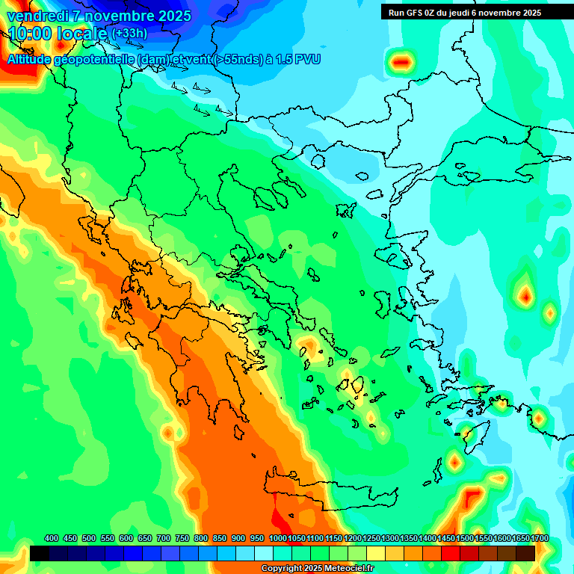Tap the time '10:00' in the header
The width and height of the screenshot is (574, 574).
pos(30,34)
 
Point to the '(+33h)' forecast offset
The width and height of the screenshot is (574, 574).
pos(129,34)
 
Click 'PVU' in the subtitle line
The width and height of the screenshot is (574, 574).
pos(309,59)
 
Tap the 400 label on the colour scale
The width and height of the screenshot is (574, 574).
pos(52,538)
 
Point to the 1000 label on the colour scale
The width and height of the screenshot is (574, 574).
pos(277,538)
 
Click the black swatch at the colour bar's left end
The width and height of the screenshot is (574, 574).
pos(40,554)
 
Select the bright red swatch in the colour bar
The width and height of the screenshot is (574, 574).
pos(451,554)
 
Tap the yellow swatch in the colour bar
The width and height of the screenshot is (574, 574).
pos(376,554)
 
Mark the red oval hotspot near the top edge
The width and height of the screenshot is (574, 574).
pos(402,61)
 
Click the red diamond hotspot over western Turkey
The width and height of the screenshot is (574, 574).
pos(525,297)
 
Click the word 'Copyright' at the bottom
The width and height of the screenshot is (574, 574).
pos(281,569)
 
